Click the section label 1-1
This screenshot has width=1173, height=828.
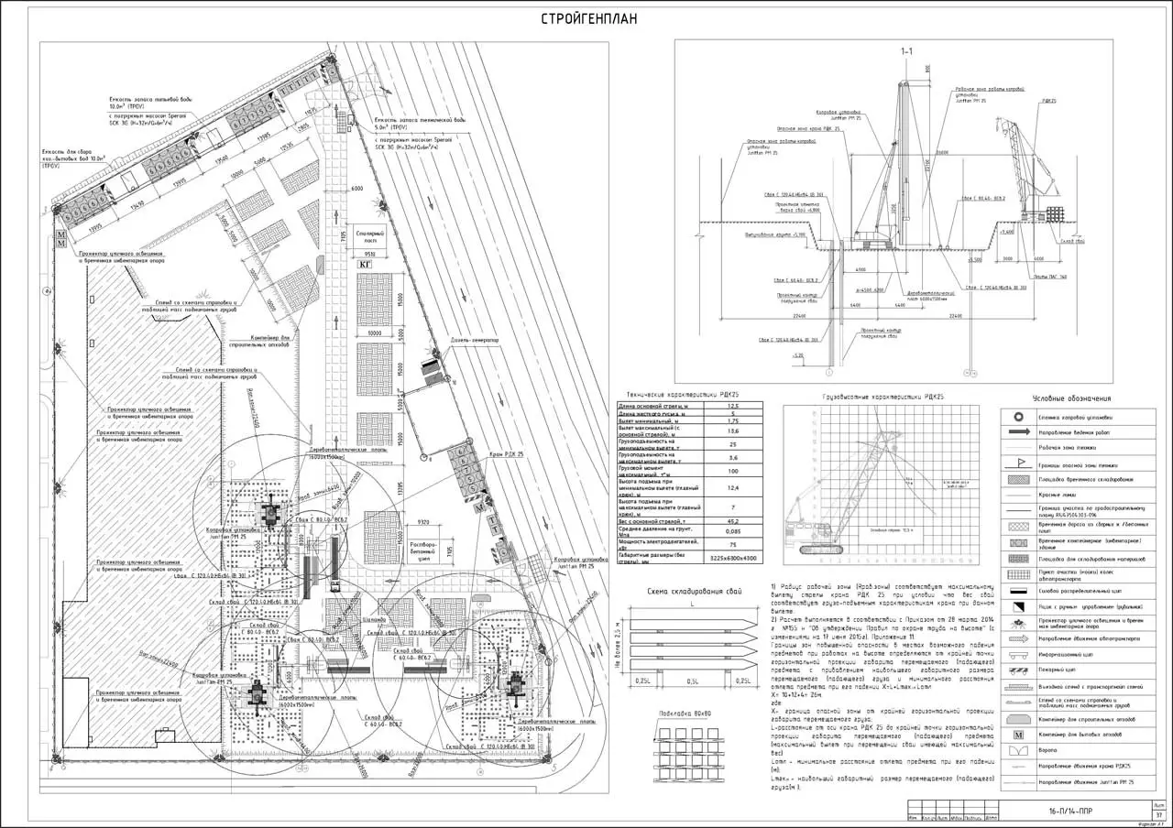(x=906, y=51)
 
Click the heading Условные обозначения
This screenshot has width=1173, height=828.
(x=1071, y=398)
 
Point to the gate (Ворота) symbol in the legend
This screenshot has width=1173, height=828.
(x=1017, y=750)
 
